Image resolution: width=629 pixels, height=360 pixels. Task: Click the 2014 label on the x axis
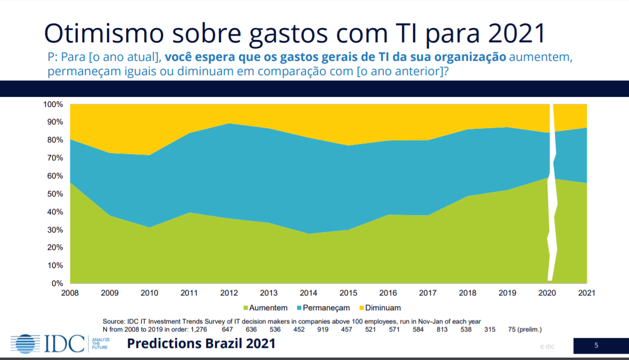[308, 292]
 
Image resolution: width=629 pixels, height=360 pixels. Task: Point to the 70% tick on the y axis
[55, 158]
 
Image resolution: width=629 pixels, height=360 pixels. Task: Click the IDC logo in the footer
[48, 344]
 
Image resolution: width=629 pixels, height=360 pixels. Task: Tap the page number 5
[597, 346]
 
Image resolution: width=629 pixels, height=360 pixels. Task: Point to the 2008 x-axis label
[70, 292]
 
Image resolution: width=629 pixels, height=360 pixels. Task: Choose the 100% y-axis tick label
[53, 104]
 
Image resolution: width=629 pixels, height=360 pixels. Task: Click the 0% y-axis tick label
[57, 283]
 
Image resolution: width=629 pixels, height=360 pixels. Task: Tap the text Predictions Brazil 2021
[201, 344]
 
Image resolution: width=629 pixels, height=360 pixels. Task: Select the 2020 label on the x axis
[547, 292]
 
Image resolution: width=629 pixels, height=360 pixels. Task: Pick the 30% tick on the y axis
[55, 230]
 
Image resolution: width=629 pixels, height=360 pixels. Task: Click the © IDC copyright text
[547, 346]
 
